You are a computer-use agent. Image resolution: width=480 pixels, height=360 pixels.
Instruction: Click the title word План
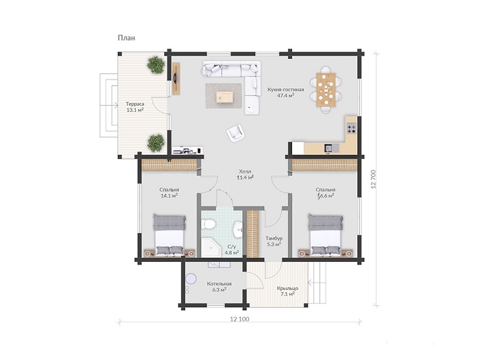click(x=126, y=38)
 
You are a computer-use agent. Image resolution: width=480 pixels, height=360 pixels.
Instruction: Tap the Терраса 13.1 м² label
click(x=135, y=107)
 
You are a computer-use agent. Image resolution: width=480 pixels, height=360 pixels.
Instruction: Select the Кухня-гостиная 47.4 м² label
click(x=286, y=93)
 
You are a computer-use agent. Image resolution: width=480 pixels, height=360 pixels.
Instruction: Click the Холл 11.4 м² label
click(x=245, y=174)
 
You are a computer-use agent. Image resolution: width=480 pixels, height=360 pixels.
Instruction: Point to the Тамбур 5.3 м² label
click(x=274, y=241)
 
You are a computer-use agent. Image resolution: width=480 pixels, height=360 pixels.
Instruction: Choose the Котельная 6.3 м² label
click(x=219, y=287)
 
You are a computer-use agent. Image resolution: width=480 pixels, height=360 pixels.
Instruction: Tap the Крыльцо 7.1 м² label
click(x=287, y=291)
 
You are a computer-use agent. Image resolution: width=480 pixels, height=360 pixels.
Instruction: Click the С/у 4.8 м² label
click(x=232, y=250)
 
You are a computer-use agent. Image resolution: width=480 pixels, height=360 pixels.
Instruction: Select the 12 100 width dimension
click(x=240, y=320)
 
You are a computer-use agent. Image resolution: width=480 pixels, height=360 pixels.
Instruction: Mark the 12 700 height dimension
click(x=374, y=179)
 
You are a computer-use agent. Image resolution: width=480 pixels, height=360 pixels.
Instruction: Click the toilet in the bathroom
click(x=209, y=224)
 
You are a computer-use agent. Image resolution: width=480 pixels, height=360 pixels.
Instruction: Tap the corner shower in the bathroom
click(x=211, y=247)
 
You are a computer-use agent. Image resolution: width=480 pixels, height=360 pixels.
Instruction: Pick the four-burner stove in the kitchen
click(x=351, y=128)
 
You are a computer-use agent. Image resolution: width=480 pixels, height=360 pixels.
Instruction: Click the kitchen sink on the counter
click(x=332, y=149)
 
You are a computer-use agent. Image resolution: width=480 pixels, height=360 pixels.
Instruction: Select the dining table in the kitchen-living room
click(x=326, y=89)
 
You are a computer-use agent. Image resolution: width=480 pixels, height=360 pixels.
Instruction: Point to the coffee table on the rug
click(x=224, y=97)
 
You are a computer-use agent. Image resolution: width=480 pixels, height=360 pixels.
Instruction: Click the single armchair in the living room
click(x=235, y=133)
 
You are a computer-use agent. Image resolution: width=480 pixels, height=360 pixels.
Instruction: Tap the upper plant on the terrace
click(x=156, y=64)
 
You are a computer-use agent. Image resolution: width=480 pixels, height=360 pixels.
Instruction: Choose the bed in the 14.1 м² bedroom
click(x=169, y=235)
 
